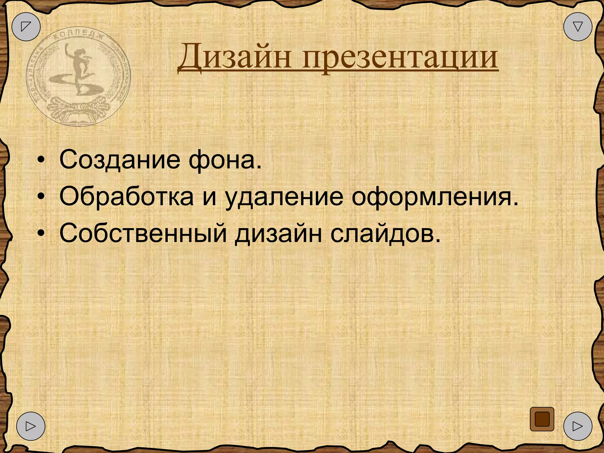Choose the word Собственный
tap(143, 234)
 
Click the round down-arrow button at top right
tap(577, 27)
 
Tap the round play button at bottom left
tap(31, 426)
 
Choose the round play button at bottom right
tap(577, 426)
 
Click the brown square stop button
tap(542, 419)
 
